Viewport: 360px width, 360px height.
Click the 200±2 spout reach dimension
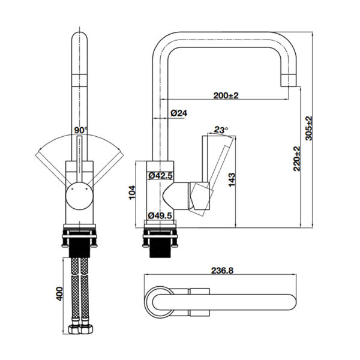[226, 95]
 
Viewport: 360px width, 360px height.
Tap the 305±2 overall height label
[309, 128]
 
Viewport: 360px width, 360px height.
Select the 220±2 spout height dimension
[297, 158]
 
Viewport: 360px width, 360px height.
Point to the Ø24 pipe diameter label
[179, 113]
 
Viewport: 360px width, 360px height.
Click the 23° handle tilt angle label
[221, 130]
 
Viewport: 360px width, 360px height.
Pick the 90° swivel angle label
[81, 130]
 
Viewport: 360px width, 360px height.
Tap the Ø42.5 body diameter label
[160, 176]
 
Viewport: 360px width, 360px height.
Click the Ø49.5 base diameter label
[160, 215]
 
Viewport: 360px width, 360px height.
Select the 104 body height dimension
[132, 193]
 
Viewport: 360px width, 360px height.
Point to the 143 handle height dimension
[232, 180]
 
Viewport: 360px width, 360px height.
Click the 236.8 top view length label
[222, 271]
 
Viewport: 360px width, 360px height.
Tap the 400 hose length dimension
[59, 293]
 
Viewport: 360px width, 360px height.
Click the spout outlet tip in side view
[289, 81]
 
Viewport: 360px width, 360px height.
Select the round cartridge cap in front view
[79, 196]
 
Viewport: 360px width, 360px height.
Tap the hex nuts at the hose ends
[80, 329]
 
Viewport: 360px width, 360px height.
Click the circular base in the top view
[160, 302]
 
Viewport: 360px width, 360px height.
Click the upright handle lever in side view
[206, 159]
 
